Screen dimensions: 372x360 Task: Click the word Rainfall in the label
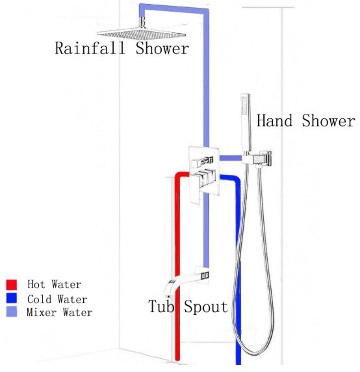coord(92,49)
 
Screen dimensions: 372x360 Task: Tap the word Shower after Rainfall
coord(162,49)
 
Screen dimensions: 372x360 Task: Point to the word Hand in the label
coord(277,121)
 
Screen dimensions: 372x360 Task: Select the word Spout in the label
coord(205,306)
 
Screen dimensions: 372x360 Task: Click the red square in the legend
coord(12,285)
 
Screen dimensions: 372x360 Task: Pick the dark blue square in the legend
coord(12,299)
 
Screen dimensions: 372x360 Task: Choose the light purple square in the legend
coord(12,313)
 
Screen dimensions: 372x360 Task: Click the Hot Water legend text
coord(55,285)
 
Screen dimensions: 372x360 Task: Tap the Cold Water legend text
coord(57,299)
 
